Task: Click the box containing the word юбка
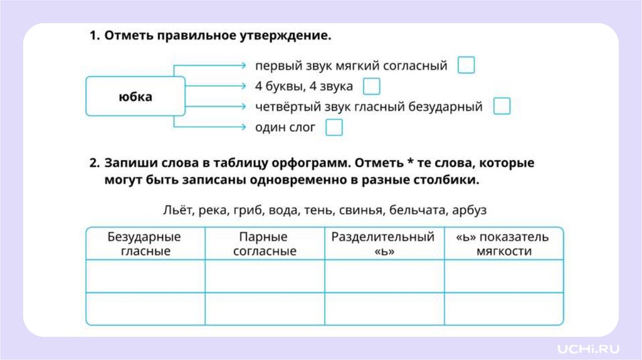point(135,97)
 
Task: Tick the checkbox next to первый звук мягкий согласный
point(466,65)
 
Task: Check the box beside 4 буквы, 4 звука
point(371,86)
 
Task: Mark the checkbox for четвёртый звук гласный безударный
point(502,106)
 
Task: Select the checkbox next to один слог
point(334,127)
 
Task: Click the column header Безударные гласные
point(145,244)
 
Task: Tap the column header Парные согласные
point(265,244)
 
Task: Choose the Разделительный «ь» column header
point(383,244)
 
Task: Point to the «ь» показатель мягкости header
point(503,244)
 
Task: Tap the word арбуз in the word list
point(469,209)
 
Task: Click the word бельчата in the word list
point(416,209)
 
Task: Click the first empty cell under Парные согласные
point(265,276)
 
